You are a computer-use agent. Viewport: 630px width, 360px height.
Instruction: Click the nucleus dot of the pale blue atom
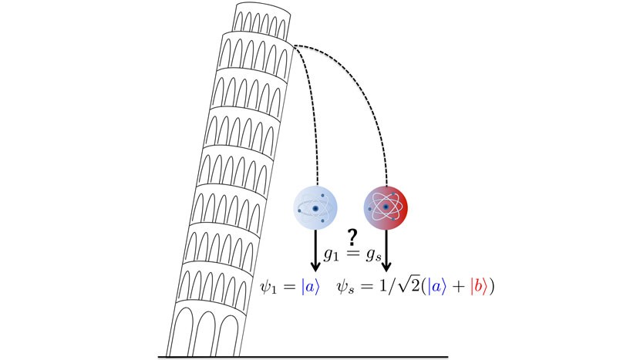coord(315,207)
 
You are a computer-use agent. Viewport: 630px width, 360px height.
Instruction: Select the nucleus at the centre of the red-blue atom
coord(385,207)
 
